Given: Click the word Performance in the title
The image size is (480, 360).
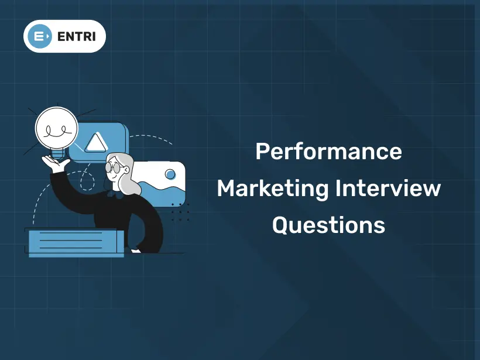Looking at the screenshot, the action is (328, 151).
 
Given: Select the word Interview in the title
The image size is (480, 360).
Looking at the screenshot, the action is (388, 188).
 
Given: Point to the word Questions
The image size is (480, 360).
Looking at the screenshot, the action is (328, 225).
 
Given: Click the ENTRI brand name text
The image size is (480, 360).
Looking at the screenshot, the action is (77, 36).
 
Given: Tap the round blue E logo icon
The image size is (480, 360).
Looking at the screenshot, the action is (39, 36).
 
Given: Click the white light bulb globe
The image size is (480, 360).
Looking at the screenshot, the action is (57, 128).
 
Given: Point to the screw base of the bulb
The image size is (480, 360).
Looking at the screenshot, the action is (57, 154).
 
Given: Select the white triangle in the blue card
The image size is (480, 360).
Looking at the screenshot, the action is (96, 143).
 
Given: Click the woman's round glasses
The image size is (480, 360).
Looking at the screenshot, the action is (114, 167).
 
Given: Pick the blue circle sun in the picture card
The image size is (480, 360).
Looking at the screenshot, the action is (170, 174).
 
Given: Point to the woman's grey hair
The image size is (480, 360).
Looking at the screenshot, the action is (125, 174).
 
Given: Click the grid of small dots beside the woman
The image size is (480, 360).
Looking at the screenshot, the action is (180, 211).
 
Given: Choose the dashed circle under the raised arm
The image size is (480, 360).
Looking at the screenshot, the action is (88, 181).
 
